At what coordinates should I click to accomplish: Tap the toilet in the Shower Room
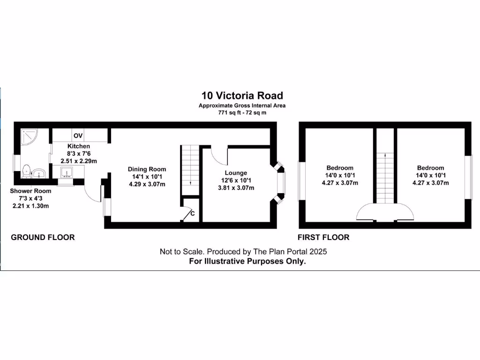tap(27, 171)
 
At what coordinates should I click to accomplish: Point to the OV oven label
tap(78, 136)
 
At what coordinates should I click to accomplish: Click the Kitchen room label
tap(78, 147)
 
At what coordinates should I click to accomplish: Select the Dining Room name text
tap(147, 169)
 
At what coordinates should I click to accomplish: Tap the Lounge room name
tap(236, 173)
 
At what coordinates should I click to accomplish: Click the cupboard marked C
tap(190, 213)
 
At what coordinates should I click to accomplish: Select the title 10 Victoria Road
tap(242, 96)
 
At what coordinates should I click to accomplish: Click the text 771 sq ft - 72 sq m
tap(242, 112)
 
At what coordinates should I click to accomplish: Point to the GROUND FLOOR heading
tap(43, 238)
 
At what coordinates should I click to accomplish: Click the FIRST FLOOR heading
tap(323, 238)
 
